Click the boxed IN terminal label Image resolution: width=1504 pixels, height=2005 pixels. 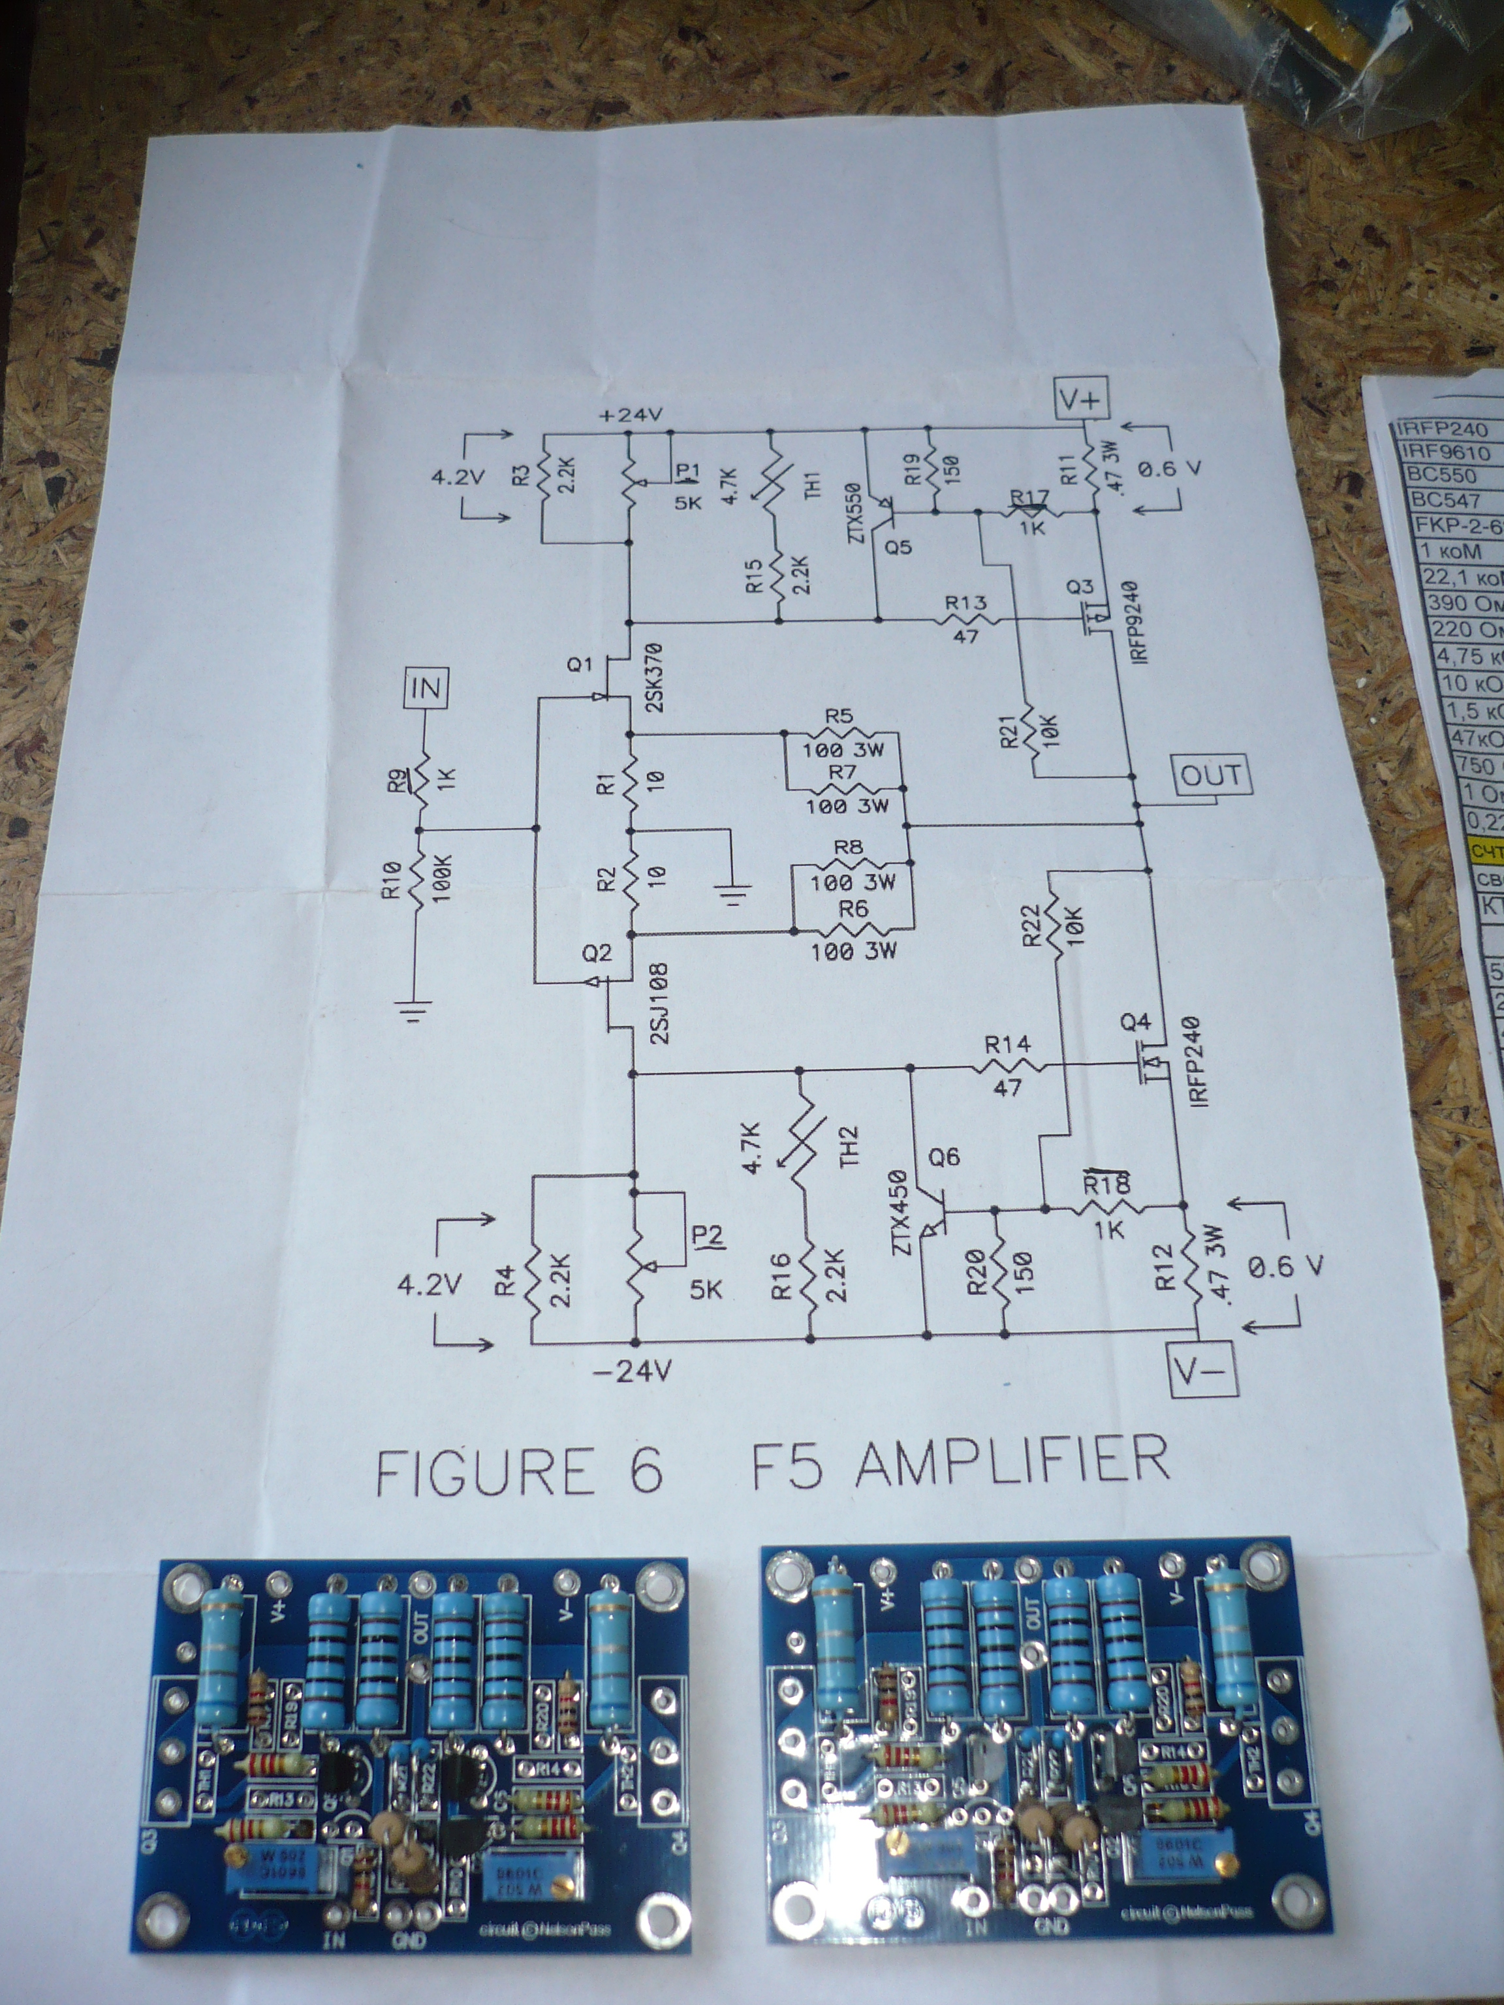point(426,689)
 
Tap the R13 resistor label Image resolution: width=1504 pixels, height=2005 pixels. point(965,603)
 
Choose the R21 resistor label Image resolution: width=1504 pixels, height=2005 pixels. point(1012,725)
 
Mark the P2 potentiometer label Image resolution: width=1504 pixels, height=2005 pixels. point(708,1235)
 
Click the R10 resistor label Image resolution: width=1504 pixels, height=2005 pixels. point(391,879)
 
